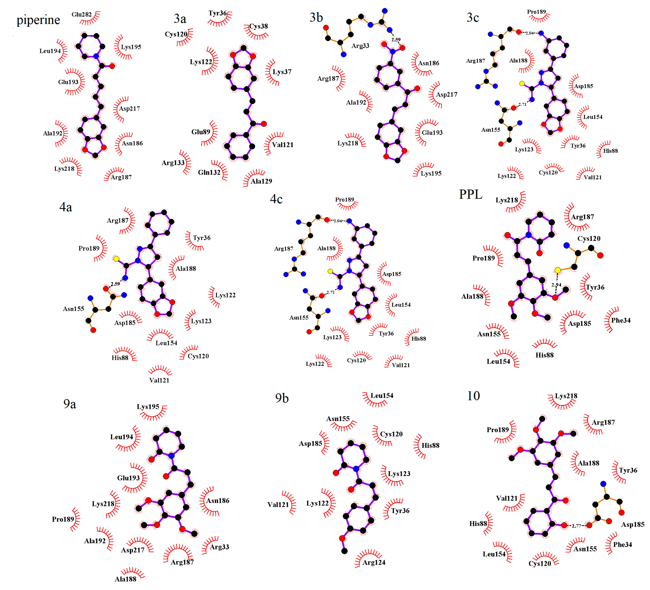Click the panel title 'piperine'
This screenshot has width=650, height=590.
pos(38,20)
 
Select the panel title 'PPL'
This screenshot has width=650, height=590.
pos(471,194)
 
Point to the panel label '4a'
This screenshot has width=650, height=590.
pos(66,207)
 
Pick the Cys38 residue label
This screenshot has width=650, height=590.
pos(258,26)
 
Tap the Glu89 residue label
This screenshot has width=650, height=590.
pos(200,132)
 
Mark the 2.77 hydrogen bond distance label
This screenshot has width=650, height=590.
pos(576,526)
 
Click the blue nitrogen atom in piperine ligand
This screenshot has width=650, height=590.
pos(96,56)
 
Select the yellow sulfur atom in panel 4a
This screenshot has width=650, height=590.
pos(116,259)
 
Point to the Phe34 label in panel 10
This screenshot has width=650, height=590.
pos(622,545)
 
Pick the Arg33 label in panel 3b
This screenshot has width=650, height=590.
pos(360,46)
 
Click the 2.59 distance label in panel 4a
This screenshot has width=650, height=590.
pos(115,284)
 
